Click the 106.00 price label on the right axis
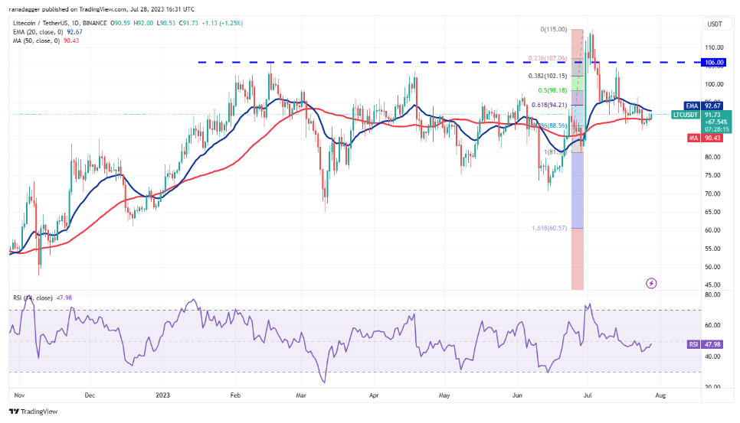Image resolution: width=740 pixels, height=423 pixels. (714, 63)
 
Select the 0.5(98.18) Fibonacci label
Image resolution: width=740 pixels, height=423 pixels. (552, 90)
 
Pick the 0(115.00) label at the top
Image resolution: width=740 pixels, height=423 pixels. (553, 29)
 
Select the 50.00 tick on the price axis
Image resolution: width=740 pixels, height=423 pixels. (713, 267)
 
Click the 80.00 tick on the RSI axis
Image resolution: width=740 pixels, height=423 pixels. (713, 294)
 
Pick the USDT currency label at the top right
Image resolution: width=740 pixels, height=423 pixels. (713, 24)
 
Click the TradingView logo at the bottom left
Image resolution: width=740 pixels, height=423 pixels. (34, 412)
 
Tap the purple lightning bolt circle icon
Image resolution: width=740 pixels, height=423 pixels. (651, 283)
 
